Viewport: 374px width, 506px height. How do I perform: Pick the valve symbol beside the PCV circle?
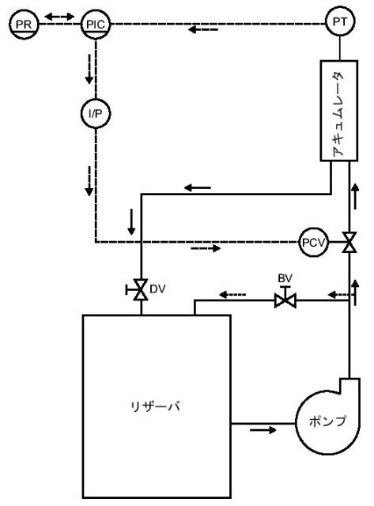pos(349,243)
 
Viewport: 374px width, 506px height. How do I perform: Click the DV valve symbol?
pos(138,289)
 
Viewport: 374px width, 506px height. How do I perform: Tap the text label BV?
pos(285,278)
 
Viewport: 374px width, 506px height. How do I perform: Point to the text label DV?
pos(157,289)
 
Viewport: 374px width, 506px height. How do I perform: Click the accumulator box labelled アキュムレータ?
pos(339,111)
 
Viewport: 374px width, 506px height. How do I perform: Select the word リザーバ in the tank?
pos(156,406)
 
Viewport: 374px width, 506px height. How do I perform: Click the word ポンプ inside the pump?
pos(327,421)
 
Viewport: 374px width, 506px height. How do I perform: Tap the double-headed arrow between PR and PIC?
pos(59,16)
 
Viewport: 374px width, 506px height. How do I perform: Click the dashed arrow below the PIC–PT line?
pos(203,30)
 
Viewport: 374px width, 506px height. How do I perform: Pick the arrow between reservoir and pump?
pos(263,430)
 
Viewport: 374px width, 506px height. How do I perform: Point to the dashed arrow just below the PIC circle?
pos(89,69)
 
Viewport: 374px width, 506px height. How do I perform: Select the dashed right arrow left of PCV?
pos(206,248)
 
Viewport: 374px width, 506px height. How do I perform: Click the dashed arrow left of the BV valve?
pos(232,295)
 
